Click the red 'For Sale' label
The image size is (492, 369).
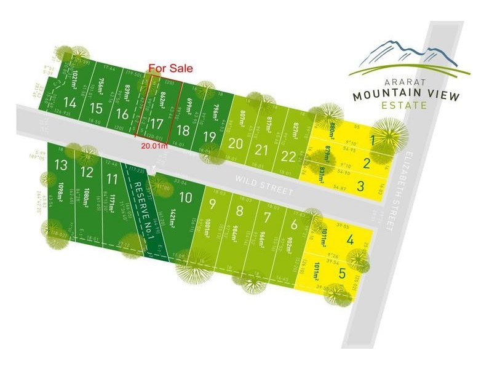click(170, 68)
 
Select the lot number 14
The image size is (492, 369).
click(70, 105)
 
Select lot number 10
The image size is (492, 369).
click(185, 197)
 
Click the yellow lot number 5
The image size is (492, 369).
click(342, 274)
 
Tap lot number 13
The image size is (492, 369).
click(60, 165)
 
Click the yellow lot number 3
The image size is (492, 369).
click(361, 186)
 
